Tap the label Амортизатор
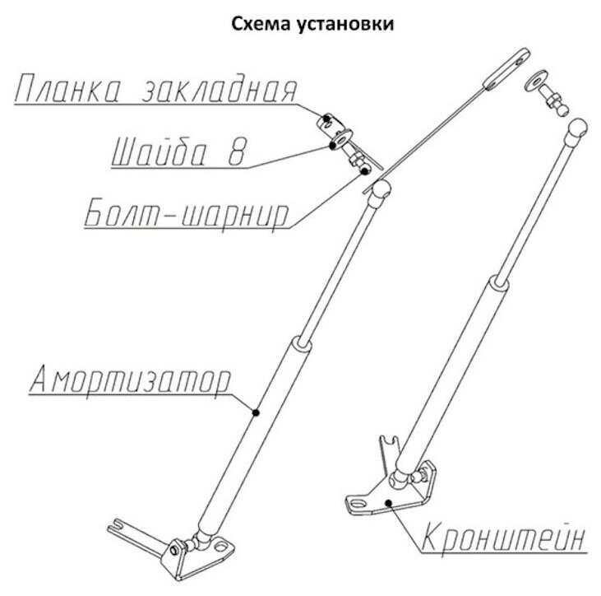click(131, 379)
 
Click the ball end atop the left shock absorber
click(378, 192)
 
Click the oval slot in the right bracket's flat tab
click(358, 498)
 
